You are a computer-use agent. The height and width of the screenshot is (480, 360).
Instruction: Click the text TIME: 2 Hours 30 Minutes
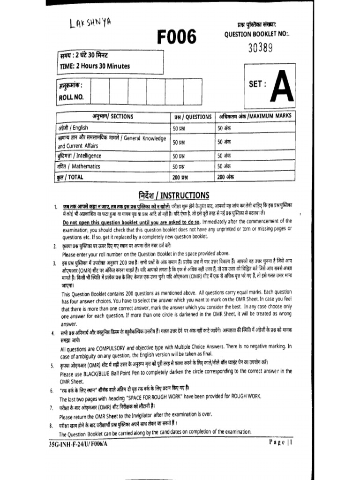pyautogui.click(x=94, y=66)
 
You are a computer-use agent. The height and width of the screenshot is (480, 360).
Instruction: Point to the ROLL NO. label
pyautogui.click(x=71, y=97)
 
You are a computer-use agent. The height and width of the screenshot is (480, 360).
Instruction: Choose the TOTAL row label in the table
pyautogui.click(x=71, y=177)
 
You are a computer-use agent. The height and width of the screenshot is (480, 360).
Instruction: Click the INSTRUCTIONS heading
pyautogui.click(x=174, y=195)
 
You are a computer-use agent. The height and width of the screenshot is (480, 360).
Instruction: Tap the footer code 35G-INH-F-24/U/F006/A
pyautogui.click(x=78, y=443)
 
